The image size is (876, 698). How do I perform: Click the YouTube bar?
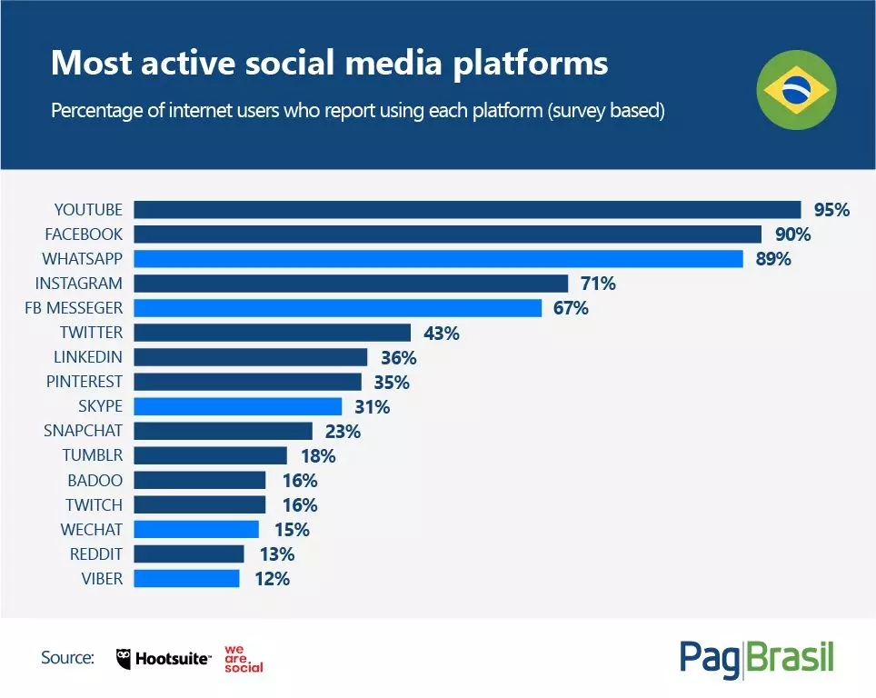tap(468, 210)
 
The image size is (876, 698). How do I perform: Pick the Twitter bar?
tap(274, 333)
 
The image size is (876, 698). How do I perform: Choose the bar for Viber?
tap(187, 578)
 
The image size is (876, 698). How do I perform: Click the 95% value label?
tap(831, 210)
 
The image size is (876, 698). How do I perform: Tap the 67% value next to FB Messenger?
tap(571, 308)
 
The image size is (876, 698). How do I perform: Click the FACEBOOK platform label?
tap(83, 234)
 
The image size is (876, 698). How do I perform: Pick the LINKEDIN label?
tap(88, 357)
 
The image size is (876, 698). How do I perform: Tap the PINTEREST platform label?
tap(85, 382)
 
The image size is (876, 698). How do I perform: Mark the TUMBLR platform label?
tap(92, 455)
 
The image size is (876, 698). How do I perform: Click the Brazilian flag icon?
tap(797, 90)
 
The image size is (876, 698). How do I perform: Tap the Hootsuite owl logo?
tap(125, 659)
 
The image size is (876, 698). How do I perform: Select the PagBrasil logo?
tap(756, 658)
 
